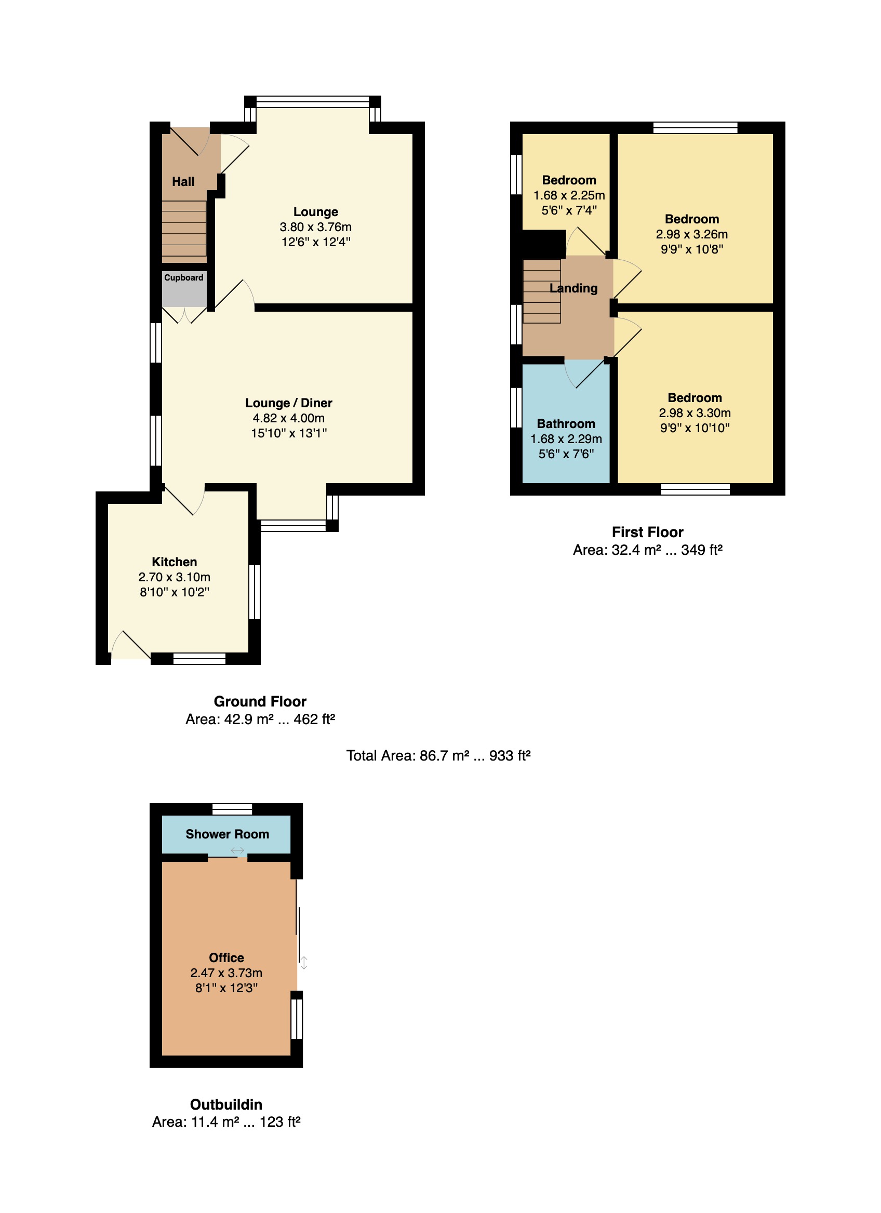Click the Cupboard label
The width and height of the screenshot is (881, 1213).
tap(183, 277)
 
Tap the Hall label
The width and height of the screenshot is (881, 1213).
tap(183, 182)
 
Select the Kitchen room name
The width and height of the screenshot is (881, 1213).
tap(175, 562)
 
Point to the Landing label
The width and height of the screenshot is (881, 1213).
tap(573, 288)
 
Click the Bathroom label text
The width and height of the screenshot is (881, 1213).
tap(566, 424)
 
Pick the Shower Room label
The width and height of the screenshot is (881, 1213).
tap(228, 834)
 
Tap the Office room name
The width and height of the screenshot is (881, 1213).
tap(226, 958)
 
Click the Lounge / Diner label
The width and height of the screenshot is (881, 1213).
tap(289, 403)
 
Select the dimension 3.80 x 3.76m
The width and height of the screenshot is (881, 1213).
tap(316, 228)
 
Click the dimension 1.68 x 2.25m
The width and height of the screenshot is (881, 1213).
tap(569, 196)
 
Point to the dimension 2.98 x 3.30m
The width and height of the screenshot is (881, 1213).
tap(695, 413)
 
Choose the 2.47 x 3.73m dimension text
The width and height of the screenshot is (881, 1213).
tap(226, 973)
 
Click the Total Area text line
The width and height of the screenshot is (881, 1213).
tap(438, 756)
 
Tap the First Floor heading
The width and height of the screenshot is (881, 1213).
tap(648, 532)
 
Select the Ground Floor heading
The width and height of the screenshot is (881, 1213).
tap(260, 702)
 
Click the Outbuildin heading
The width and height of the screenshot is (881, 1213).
tap(226, 1105)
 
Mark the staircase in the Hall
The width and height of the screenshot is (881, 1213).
tap(184, 232)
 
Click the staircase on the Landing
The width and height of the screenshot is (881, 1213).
tap(542, 291)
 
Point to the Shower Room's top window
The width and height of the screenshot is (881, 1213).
tap(232, 809)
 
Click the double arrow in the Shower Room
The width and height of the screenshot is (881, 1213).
tap(237, 850)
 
